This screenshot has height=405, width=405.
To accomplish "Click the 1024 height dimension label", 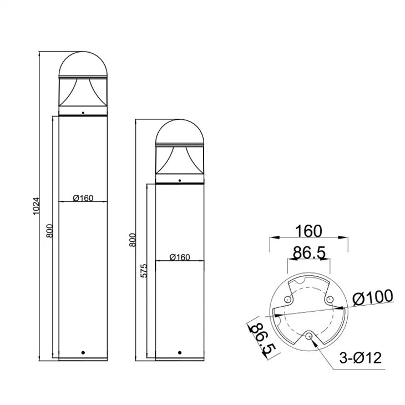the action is point(37,206).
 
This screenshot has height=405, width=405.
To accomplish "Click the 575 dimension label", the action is point(144,271).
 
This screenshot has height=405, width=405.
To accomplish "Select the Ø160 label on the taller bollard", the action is point(83,198).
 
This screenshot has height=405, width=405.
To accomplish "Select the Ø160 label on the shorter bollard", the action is point(180,257).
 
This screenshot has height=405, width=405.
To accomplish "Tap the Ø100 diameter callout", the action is point(373,297).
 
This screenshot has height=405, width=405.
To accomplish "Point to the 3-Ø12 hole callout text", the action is point(361,358).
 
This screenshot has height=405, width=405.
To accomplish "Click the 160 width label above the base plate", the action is point(308,231).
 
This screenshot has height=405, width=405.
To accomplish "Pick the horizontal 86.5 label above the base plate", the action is point(309,252).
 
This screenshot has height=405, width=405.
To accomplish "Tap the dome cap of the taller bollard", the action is point(83,64).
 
